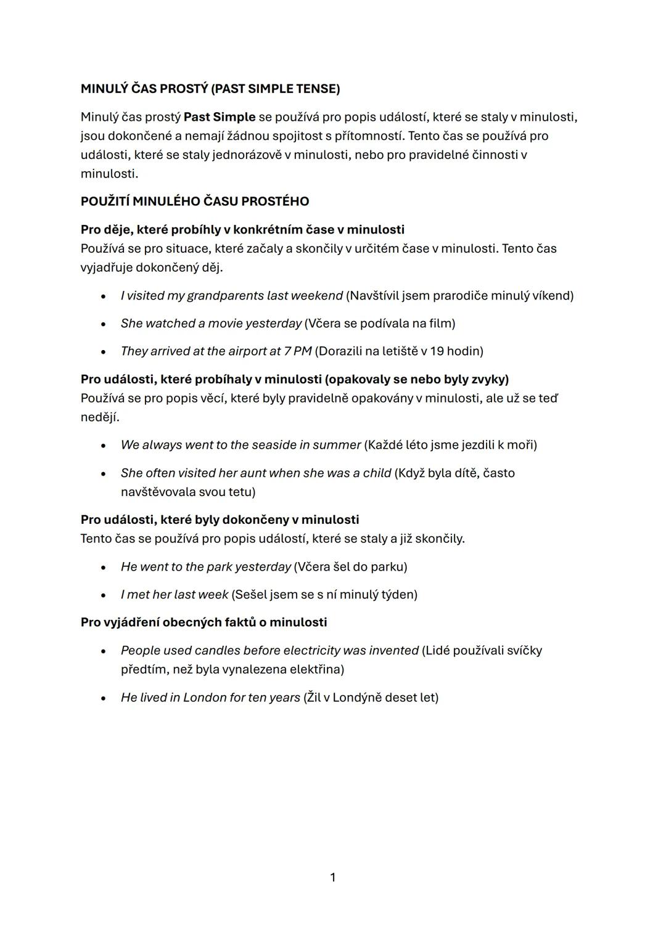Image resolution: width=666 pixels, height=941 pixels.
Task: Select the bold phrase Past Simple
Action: point(220,116)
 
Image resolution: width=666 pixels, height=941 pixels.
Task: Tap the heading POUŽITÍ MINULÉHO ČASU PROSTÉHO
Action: point(195,202)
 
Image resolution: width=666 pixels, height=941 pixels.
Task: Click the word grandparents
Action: point(225,296)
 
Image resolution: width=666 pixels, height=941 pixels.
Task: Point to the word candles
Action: point(217,651)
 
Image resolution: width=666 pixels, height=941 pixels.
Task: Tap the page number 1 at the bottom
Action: point(333,878)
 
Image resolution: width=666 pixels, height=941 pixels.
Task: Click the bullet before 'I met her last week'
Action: point(104,596)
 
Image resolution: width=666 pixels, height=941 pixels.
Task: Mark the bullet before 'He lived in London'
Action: point(104,699)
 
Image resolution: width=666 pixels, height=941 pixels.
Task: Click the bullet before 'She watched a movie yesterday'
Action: point(104,325)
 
